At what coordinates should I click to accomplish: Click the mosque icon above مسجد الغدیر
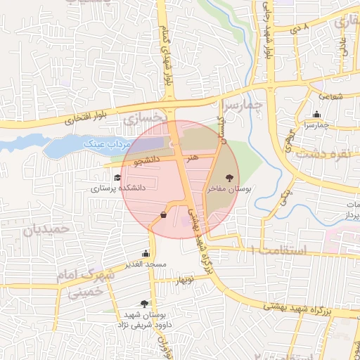146,253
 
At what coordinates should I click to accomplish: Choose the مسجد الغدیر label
146,264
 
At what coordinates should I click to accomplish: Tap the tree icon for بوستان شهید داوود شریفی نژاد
144,304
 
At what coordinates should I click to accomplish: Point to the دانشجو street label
148,161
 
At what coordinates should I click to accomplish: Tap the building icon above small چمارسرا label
317,115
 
